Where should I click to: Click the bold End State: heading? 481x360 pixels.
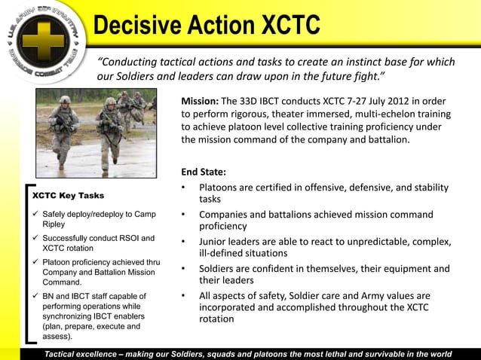pos(204,171)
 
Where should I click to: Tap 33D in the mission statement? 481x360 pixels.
pos(259,101)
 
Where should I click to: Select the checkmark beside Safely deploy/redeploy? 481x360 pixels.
pos(34,215)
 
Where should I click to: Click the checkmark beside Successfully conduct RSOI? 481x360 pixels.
pos(34,238)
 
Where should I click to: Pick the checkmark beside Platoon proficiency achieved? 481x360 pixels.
pos(34,262)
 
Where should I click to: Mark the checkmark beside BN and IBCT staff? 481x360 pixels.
pos(34,296)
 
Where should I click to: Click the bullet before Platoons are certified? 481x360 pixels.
pos(184,188)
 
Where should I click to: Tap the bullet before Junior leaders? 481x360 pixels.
pos(184,242)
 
